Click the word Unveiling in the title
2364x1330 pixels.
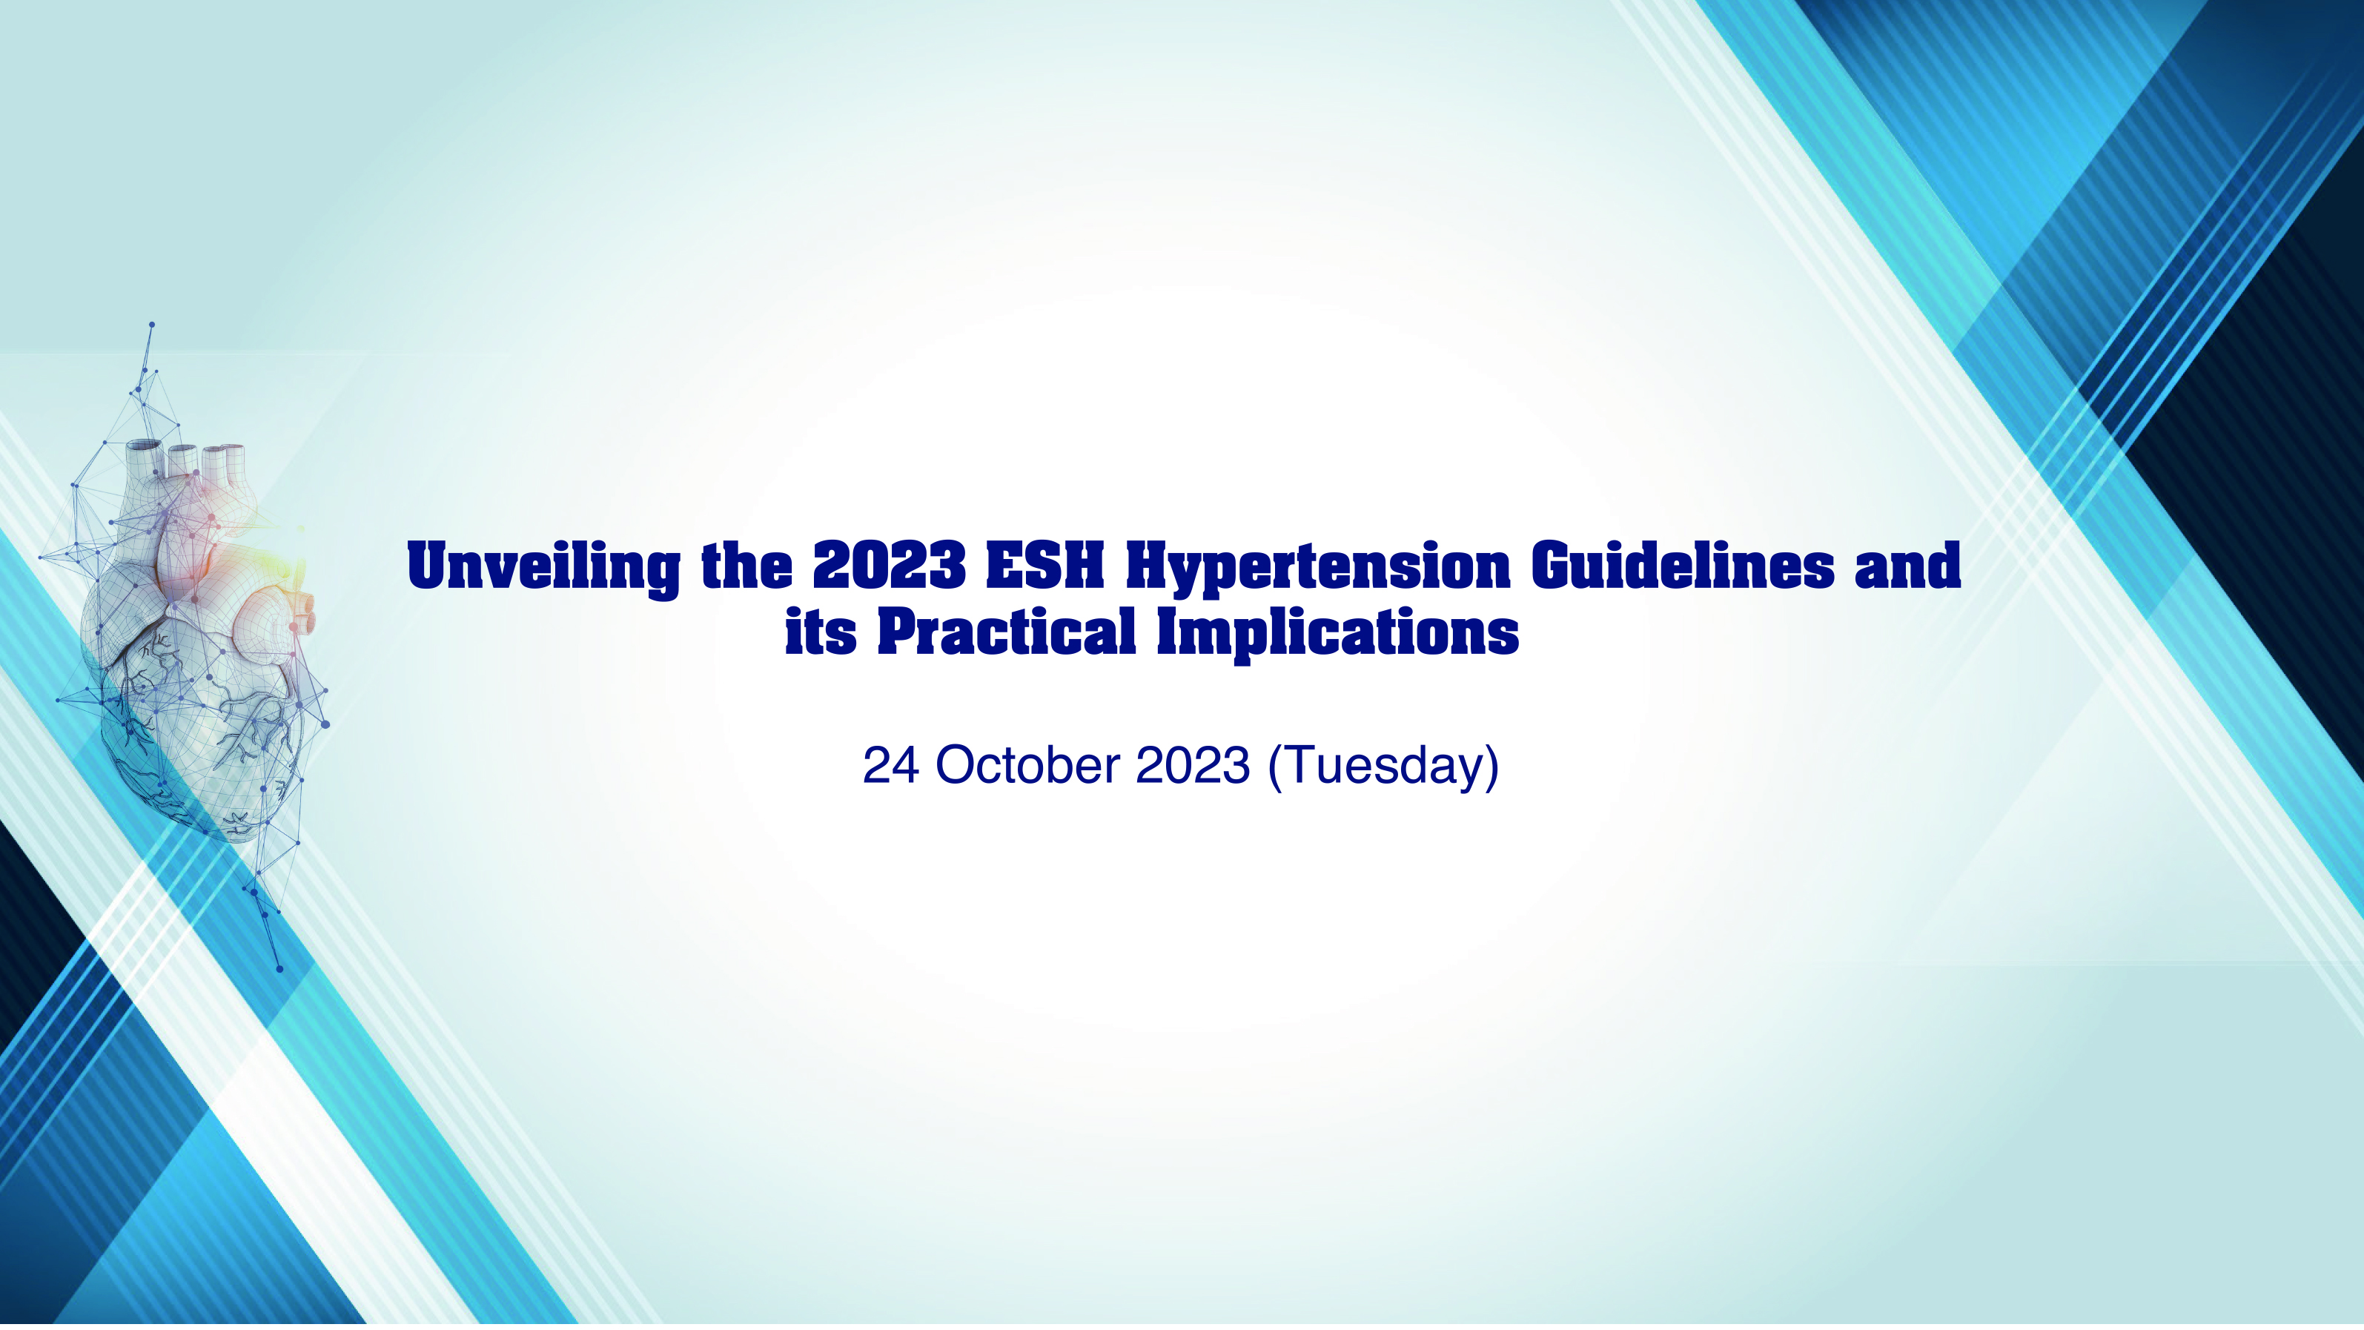tap(543, 568)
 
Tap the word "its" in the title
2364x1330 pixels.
tap(821, 632)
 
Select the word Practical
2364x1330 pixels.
tap(1007, 632)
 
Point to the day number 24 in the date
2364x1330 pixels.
tap(890, 766)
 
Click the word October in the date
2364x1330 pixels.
tap(1027, 766)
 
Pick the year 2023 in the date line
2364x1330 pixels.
tap(1192, 766)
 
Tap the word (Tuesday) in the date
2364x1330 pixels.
tap(1383, 767)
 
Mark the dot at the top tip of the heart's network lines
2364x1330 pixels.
tap(151, 324)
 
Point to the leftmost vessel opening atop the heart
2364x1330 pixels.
tap(144, 446)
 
